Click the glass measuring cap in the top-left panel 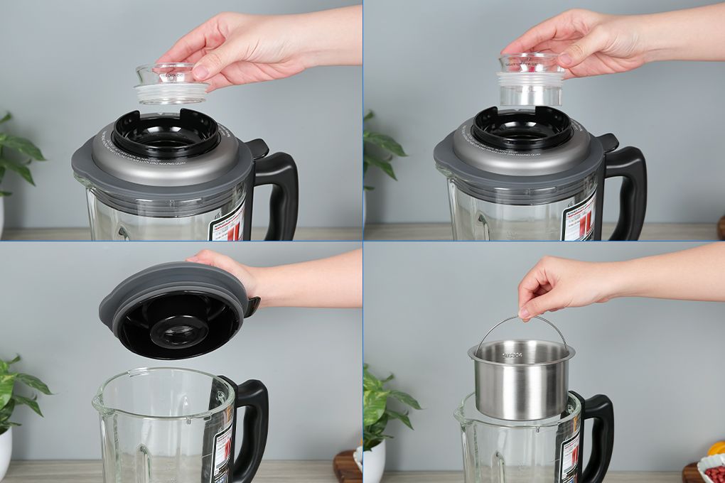pyautogui.click(x=171, y=84)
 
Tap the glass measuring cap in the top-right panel pyautogui.click(x=530, y=81)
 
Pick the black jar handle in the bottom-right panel pyautogui.click(x=599, y=433)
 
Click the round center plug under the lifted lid pyautogui.click(x=178, y=330)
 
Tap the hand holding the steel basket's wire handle pyautogui.click(x=562, y=284)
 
